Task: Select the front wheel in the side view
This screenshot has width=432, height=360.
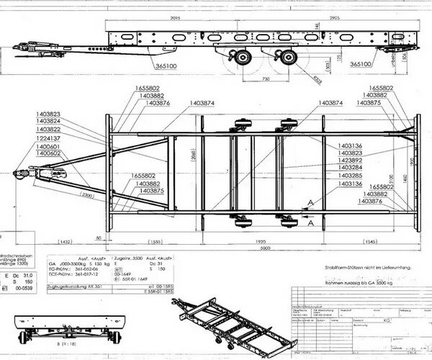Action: (243, 57)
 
